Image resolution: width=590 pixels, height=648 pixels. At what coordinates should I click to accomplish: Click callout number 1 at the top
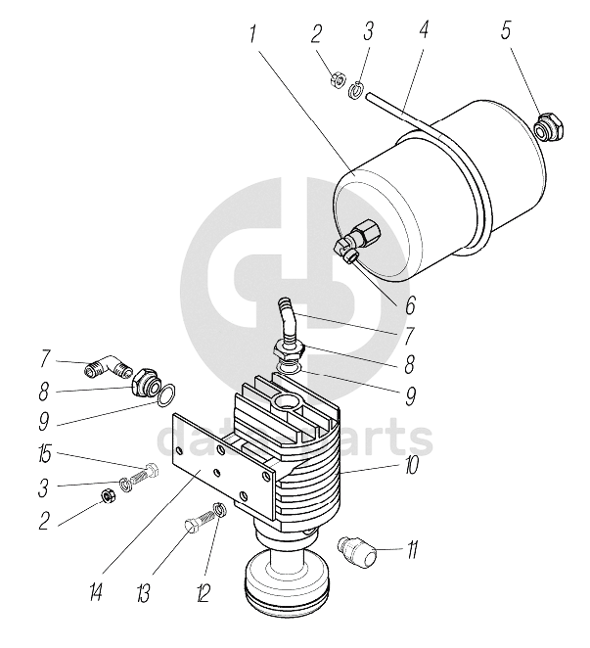[x=252, y=33]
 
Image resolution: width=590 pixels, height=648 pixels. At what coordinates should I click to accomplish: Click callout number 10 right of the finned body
[x=413, y=468]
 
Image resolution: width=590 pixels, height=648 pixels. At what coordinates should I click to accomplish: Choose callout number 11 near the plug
[x=413, y=549]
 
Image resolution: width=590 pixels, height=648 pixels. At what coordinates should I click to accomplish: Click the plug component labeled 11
[x=358, y=550]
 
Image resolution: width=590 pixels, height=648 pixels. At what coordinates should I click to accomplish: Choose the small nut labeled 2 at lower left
[x=109, y=499]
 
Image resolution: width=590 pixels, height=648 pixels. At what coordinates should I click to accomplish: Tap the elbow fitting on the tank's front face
[x=348, y=245]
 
